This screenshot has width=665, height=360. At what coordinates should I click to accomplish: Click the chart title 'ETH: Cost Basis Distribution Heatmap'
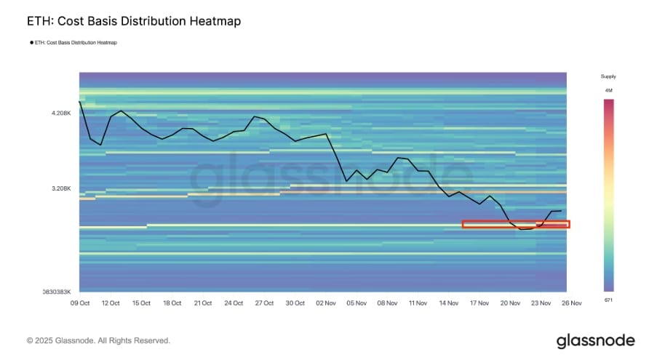(133, 22)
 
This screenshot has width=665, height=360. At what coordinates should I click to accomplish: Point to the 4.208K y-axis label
(61, 113)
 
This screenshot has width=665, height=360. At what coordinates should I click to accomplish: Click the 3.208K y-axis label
(61, 188)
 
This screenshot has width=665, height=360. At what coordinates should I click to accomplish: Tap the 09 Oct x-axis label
(79, 303)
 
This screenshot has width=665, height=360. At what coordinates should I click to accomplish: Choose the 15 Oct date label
(141, 303)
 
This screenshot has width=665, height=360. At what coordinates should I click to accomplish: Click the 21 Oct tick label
(202, 303)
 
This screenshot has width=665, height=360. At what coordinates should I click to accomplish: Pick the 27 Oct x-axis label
(264, 303)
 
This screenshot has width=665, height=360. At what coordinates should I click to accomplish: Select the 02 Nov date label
(325, 303)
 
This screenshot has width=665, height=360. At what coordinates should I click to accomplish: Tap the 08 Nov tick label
(387, 303)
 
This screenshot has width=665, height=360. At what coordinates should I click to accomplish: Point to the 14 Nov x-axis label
(448, 303)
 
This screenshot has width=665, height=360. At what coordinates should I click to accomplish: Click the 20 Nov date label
(510, 303)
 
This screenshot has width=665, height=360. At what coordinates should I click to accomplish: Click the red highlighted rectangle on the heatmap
(516, 225)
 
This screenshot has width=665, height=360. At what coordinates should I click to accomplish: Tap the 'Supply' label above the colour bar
(608, 76)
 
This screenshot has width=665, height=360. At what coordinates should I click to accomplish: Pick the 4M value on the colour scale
(608, 90)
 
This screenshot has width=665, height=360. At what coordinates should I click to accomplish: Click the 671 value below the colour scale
(608, 299)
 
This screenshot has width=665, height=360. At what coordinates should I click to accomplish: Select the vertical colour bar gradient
(608, 195)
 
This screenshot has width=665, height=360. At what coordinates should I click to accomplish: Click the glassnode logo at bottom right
(595, 340)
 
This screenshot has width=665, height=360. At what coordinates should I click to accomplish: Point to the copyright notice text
(98, 340)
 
